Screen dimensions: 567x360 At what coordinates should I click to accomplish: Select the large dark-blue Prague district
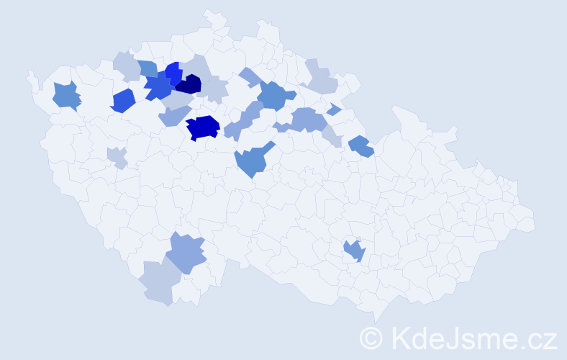[x=203, y=127]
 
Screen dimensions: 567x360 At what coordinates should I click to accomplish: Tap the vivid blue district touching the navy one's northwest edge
[x=173, y=73]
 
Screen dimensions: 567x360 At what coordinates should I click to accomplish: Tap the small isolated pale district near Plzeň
[x=117, y=156]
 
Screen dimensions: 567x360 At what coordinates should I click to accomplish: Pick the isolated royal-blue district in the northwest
[x=123, y=100]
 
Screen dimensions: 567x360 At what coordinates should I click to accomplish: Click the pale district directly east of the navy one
[x=214, y=90]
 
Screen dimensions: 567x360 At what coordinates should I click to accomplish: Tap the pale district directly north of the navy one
[x=196, y=66]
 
